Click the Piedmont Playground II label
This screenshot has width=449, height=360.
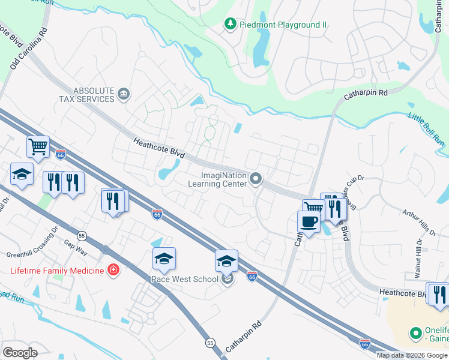[x=283, y=25]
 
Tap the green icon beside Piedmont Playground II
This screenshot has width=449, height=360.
[x=229, y=24]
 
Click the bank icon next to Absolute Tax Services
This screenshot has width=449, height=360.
[x=124, y=94]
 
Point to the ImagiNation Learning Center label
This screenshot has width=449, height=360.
[x=224, y=179]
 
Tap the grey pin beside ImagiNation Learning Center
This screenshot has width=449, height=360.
[x=256, y=179]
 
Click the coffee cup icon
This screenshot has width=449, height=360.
[x=309, y=221]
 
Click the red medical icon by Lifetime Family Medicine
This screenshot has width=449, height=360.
[x=112, y=270]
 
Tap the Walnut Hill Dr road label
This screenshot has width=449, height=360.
[x=418, y=259]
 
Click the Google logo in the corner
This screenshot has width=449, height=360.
[x=20, y=352]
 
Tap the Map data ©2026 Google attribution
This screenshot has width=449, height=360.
[x=412, y=355]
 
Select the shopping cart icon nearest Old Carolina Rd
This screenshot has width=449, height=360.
[x=38, y=146]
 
